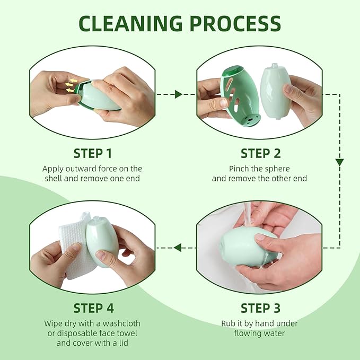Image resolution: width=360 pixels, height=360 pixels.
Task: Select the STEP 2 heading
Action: [x=260, y=154]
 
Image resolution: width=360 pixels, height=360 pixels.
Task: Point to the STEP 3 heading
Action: [x=260, y=308]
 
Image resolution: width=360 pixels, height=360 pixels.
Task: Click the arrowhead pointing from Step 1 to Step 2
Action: [x=179, y=94]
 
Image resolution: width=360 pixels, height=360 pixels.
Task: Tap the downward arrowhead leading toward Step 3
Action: [x=340, y=162]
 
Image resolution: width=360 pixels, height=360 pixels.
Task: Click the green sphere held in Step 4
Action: [x=102, y=241]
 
